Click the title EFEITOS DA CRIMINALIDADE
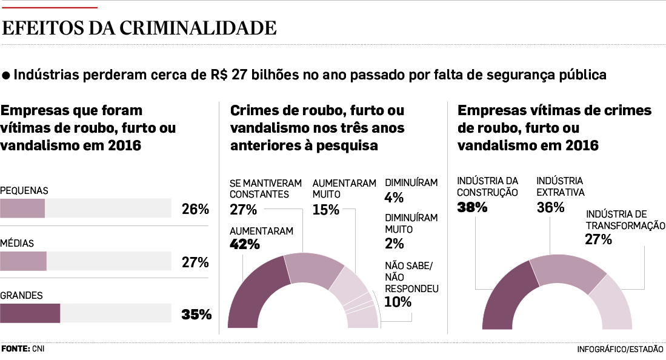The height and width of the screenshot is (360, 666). [x=140, y=28]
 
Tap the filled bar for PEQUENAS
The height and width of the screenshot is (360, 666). [x=22, y=208]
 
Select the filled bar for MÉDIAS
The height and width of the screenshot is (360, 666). [x=23, y=261]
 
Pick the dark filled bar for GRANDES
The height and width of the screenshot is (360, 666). [x=30, y=313]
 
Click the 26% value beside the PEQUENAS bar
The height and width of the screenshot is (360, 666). [x=195, y=210]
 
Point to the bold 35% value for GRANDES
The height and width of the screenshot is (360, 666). [x=196, y=315]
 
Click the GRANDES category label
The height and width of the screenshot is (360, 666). [x=21, y=296]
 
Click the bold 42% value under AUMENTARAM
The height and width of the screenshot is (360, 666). [x=245, y=244]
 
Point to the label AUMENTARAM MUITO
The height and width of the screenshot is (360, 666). [x=344, y=188]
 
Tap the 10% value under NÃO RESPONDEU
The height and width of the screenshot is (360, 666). [x=398, y=302]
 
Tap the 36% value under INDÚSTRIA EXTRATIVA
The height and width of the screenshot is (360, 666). [x=550, y=207]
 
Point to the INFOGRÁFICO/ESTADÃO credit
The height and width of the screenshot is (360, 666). [x=620, y=350]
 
